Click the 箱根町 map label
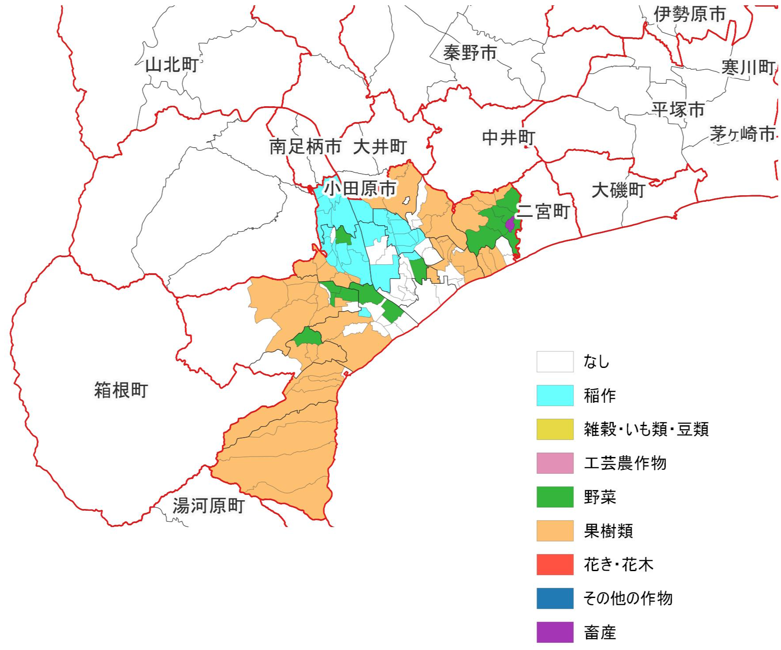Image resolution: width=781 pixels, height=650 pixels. click(121, 390)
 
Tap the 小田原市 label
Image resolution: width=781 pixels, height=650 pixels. click(361, 189)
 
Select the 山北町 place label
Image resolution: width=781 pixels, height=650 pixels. click(172, 65)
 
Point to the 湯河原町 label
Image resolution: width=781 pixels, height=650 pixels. click(208, 506)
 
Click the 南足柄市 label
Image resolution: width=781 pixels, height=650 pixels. click(305, 146)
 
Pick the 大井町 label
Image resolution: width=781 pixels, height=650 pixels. click(379, 147)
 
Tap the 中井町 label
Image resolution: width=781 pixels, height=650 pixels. click(508, 138)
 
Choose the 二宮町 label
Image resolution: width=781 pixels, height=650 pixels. click(543, 212)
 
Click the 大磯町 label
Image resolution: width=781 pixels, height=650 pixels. click(618, 190)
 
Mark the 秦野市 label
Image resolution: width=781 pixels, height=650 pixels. click(470, 53)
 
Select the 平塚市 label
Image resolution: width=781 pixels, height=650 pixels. click(678, 109)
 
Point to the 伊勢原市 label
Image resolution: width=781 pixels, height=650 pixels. click(689, 15)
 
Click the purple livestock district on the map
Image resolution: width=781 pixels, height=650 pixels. click(510, 225)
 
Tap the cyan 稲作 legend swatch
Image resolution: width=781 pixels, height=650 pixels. click(555, 395)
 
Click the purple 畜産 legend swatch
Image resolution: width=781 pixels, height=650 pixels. click(555, 632)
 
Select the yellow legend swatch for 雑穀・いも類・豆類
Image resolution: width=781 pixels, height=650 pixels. click(555, 429)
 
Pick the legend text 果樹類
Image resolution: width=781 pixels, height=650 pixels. click(608, 531)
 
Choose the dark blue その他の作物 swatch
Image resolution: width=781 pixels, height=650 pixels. click(555, 598)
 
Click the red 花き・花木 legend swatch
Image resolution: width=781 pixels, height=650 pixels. click(555, 565)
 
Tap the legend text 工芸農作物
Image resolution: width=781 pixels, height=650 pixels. click(625, 463)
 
